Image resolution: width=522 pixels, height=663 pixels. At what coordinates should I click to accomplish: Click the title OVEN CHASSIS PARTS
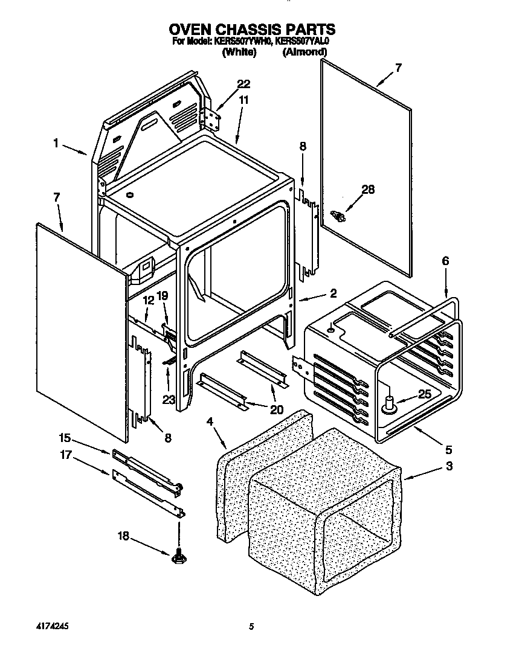tap(251, 29)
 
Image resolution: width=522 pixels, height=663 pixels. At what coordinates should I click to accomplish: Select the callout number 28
tap(367, 190)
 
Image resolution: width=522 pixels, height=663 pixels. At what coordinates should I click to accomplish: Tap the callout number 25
tap(426, 394)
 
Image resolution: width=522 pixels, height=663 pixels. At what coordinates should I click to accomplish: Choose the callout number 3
tap(448, 466)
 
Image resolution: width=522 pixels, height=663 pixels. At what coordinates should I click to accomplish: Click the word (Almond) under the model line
tap(304, 53)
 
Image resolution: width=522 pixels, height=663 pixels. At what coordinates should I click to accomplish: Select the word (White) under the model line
tap(239, 53)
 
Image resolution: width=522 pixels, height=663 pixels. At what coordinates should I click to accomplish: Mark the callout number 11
tap(243, 101)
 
